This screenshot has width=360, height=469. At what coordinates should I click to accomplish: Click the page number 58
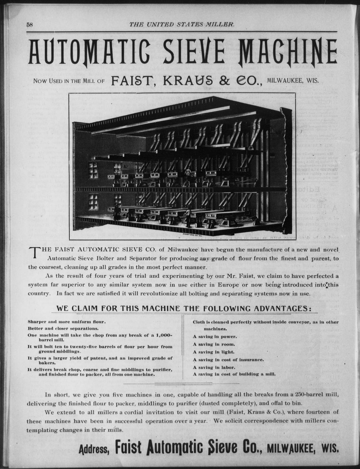coord(30,24)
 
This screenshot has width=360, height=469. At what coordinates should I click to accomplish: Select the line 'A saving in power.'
coord(215,337)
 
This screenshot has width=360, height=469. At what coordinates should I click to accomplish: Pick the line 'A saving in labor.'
coord(214,367)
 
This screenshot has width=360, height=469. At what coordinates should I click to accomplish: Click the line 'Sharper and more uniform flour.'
coord(67,321)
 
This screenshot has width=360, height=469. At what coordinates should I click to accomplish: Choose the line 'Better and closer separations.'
coord(63,328)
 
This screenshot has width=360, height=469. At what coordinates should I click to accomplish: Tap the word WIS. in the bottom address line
coord(329,449)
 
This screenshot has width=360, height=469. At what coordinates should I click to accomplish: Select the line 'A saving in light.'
coord(213,352)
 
